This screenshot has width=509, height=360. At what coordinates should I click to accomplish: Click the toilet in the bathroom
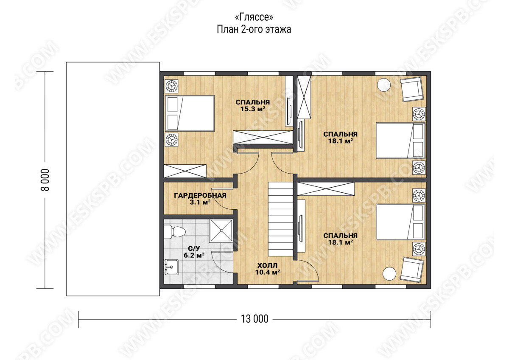coord(174,232)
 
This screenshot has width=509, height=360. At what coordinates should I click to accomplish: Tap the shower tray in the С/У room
coord(221,231)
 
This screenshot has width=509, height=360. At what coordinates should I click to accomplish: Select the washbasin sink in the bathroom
coord(171,267)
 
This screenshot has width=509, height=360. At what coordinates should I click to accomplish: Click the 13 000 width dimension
coord(255,319)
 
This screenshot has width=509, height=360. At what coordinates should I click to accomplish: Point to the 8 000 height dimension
coord(45,180)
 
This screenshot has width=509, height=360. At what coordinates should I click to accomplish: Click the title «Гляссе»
coord(254,17)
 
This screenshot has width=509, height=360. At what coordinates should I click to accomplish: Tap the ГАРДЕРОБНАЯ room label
coord(200,195)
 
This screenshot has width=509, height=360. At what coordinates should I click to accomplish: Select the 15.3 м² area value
coord(253,109)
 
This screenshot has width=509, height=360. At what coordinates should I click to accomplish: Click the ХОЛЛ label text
coord(268,265)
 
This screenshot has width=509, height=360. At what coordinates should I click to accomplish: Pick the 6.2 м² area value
coord(194,255)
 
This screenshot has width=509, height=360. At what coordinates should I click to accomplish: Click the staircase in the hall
coord(280,219)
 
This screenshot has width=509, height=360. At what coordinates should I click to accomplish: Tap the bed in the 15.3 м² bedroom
coord(190,113)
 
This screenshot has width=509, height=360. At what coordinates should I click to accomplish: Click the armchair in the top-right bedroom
coord(412,90)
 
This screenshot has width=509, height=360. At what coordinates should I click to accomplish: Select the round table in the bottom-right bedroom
coord(389,273)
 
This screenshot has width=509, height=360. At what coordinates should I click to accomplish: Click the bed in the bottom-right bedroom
coord(400,222)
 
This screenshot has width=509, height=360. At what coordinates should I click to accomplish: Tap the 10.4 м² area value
coord(268,272)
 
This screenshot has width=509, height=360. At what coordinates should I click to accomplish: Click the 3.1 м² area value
coord(200,202)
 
